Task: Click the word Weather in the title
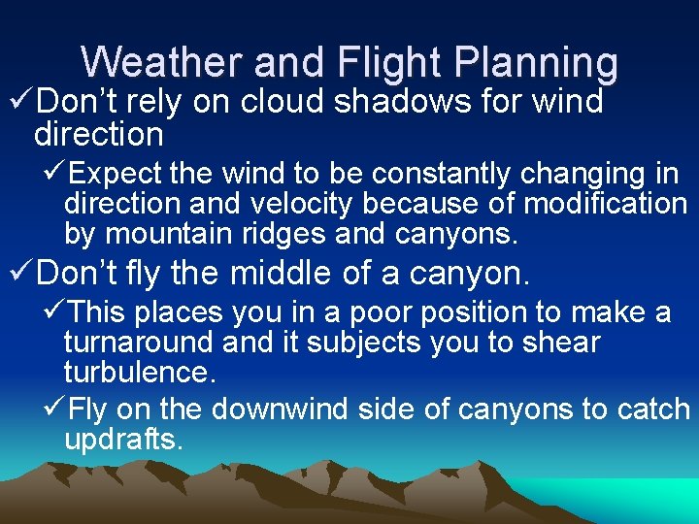pos(159,62)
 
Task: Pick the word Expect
pos(116,175)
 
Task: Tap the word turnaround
pos(140,343)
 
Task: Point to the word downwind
pos(281,409)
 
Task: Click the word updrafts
pos(123,440)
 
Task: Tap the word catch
pos(650,409)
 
